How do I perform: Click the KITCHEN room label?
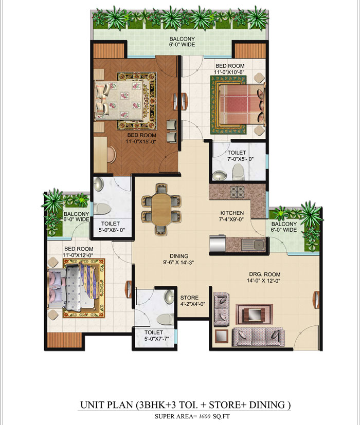point(232,213)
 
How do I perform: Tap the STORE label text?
point(189,298)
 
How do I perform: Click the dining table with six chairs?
point(160,208)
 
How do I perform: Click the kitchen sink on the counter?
point(253,244)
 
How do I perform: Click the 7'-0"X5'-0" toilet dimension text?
point(237,160)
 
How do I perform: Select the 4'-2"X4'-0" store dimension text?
point(192,304)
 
